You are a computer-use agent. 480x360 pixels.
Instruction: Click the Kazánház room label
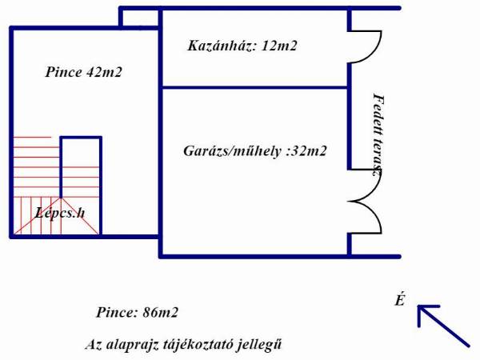pyautogui.click(x=222, y=46)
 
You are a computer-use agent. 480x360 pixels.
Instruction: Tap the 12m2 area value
pyautogui.click(x=279, y=46)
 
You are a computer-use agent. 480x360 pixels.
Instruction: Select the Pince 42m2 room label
pyautogui.click(x=83, y=72)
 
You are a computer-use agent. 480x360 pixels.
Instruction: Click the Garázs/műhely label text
pyautogui.click(x=232, y=151)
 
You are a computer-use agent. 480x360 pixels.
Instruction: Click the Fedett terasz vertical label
pyautogui.click(x=378, y=134)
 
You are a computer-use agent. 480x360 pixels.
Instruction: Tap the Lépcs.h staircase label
pyautogui.click(x=60, y=213)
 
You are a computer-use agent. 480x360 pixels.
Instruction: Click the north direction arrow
pyautogui.click(x=443, y=326)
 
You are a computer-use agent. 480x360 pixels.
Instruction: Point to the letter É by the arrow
pyautogui.click(x=400, y=300)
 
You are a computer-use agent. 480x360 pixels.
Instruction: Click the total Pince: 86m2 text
pyautogui.click(x=137, y=313)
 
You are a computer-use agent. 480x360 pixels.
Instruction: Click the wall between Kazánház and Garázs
pyautogui.click(x=254, y=87)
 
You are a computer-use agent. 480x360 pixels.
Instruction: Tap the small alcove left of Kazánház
pyautogui.click(x=138, y=18)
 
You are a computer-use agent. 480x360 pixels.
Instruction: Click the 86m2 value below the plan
pyautogui.click(x=161, y=313)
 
